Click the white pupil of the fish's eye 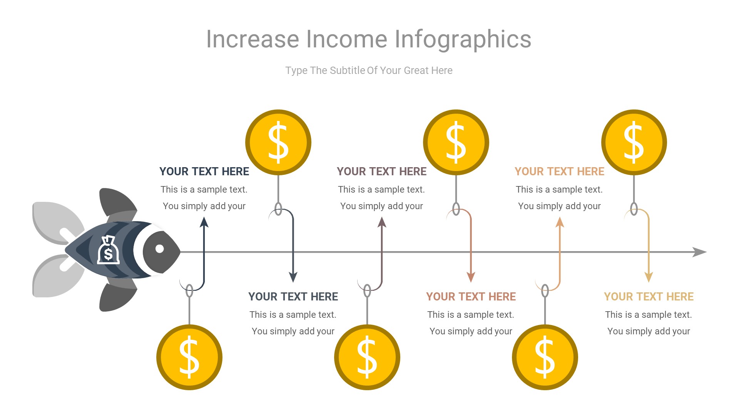click(159, 249)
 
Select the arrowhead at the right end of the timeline click(699, 252)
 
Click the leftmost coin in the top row click(278, 142)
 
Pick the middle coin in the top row click(456, 142)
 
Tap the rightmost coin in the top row click(634, 142)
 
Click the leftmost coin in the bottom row click(189, 357)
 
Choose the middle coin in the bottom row click(367, 357)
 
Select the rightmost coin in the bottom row click(545, 357)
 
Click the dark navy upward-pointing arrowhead click(204, 222)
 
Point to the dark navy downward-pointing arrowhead click(293, 277)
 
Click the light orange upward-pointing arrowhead click(560, 222)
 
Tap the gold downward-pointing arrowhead click(649, 277)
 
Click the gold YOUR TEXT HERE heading click(649, 297)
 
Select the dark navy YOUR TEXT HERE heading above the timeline click(204, 171)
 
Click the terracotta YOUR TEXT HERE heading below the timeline click(471, 297)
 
